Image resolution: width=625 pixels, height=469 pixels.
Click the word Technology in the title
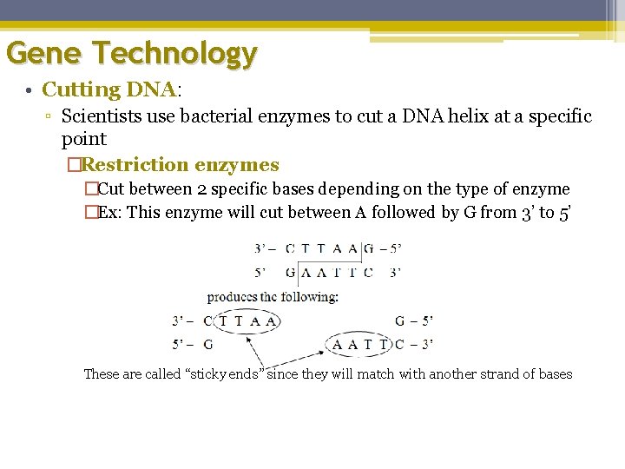click(176, 54)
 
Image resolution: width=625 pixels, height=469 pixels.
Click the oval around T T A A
click(247, 321)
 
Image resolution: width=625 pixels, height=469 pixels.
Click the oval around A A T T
click(359, 345)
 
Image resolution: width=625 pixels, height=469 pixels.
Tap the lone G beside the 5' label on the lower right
click(400, 321)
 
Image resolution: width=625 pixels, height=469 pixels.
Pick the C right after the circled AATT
click(399, 345)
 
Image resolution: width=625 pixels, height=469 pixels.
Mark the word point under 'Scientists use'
click(83, 139)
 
